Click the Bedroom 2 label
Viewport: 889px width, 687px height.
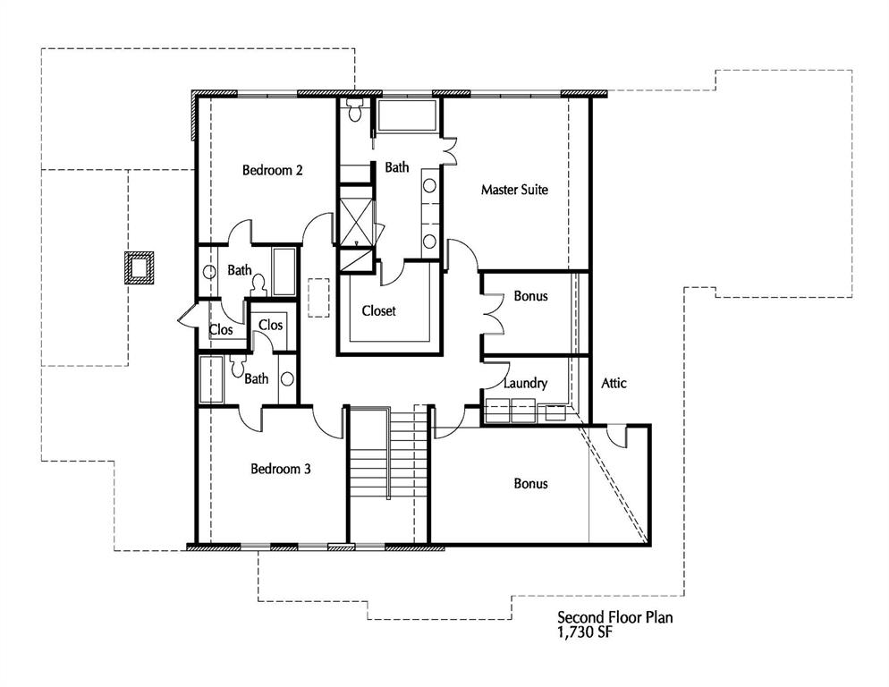coord(272,170)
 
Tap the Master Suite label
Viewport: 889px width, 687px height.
coord(514,190)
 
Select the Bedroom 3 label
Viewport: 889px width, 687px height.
coord(280,468)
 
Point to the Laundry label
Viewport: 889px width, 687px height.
coord(525,383)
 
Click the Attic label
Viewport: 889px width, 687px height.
coord(614,383)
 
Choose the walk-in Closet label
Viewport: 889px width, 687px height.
coord(378,311)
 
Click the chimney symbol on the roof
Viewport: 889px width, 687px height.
coord(139,267)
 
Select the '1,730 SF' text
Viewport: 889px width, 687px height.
coord(584,632)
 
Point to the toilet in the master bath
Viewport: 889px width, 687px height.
coord(354,112)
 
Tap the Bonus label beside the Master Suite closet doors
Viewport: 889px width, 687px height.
coord(530,296)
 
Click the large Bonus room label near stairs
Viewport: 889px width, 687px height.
coord(530,483)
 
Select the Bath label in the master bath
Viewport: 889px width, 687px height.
coord(397,167)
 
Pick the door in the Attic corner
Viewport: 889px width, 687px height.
coord(614,436)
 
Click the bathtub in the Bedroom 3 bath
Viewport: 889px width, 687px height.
coord(211,379)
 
